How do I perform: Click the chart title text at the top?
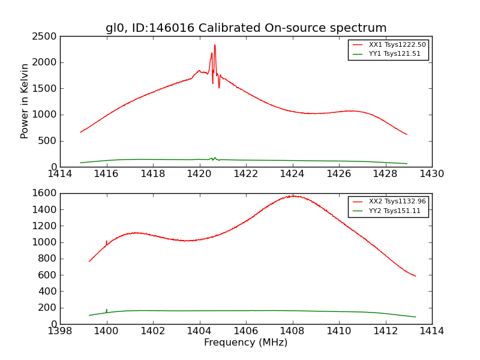point(246,28)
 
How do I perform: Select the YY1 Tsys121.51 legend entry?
point(394,54)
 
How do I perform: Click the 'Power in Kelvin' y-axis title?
point(25,101)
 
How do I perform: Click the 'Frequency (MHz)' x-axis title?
point(246,343)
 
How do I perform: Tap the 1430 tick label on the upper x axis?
point(431,174)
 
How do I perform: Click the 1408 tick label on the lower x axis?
point(292,331)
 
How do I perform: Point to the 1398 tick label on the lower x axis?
point(61,331)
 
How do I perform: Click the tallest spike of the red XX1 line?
point(215,45)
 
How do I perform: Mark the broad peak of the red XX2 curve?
point(293,196)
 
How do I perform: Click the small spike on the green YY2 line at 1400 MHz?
point(107,310)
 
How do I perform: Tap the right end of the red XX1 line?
point(407,134)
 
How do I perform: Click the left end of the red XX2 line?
point(89,261)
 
